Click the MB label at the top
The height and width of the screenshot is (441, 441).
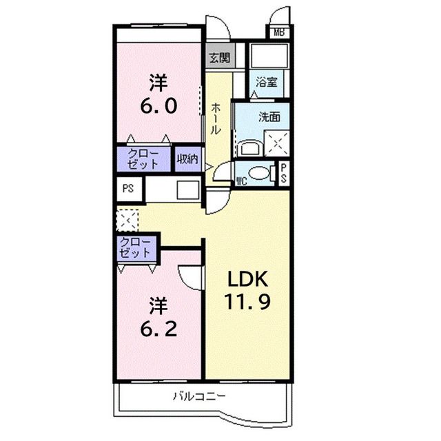click(278, 32)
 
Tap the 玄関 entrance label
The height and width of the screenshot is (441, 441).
click(220, 57)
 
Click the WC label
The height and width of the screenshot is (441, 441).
click(242, 181)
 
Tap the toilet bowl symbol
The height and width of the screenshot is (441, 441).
click(259, 174)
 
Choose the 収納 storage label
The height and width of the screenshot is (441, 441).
click(187, 159)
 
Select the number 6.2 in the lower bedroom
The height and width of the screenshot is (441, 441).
click(161, 327)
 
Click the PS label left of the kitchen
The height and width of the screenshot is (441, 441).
click(128, 188)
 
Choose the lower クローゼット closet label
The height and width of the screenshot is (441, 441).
click(136, 247)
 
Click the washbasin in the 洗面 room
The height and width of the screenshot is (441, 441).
click(248, 146)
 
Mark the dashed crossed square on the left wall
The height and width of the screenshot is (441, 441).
click(127, 220)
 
